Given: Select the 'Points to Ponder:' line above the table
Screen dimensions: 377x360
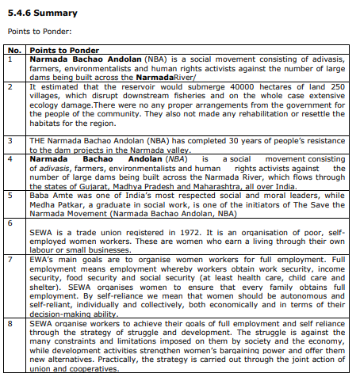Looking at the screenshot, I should (x=37, y=32).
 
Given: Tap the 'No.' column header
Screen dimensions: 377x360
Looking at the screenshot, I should (x=14, y=50).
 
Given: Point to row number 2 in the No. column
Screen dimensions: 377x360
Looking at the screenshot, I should (x=10, y=86).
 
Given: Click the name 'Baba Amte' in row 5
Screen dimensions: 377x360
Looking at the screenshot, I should (x=48, y=193).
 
